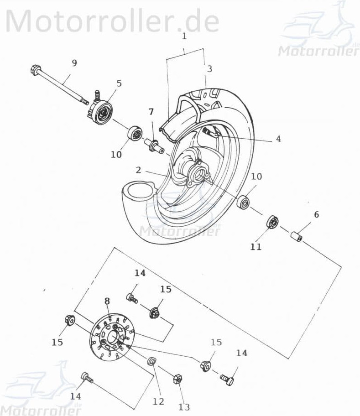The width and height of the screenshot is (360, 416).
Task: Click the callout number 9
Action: [x=74, y=63]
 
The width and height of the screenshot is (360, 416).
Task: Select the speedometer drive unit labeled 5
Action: [x=102, y=110]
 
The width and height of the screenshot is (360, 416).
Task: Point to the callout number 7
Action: [x=151, y=112]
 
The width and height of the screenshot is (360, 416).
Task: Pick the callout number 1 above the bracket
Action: [x=184, y=36]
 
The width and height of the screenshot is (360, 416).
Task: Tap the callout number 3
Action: [x=209, y=69]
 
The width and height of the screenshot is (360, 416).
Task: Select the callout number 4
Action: [x=278, y=139]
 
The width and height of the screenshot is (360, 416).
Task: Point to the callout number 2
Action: [x=138, y=170]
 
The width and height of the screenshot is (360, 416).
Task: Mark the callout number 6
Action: [x=316, y=214]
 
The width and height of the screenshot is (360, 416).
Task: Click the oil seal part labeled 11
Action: [x=272, y=223]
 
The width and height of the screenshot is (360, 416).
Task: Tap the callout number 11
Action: [x=256, y=247]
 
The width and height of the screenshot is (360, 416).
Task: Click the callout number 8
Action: [x=107, y=301]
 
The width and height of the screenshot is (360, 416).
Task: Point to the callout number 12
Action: [x=158, y=401]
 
